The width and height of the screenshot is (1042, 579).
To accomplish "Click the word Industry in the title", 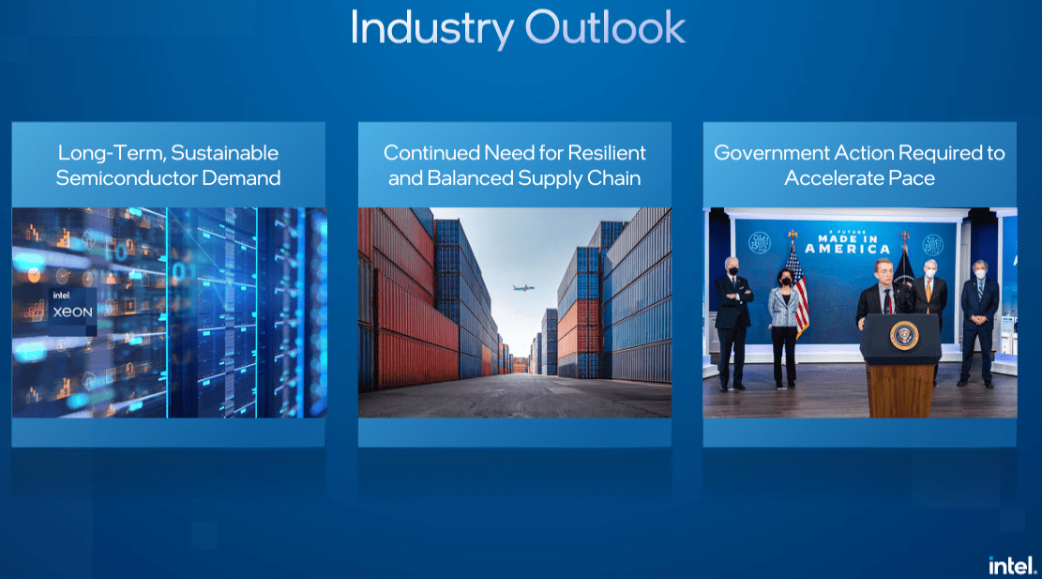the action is point(432,28).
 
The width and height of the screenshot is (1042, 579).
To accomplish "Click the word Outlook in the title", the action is point(605,27).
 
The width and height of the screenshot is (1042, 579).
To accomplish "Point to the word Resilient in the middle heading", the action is point(607,153).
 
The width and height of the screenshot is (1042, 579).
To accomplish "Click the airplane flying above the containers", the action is point(523,288).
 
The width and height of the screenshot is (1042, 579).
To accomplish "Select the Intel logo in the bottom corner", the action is point(1012,566).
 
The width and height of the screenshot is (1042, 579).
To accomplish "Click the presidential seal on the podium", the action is point(904,336).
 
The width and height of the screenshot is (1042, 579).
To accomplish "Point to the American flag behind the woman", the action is point(797,288).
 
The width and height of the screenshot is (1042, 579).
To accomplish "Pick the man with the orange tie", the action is point(930,312).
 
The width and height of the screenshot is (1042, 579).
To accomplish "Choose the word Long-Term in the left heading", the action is point(112,153).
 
